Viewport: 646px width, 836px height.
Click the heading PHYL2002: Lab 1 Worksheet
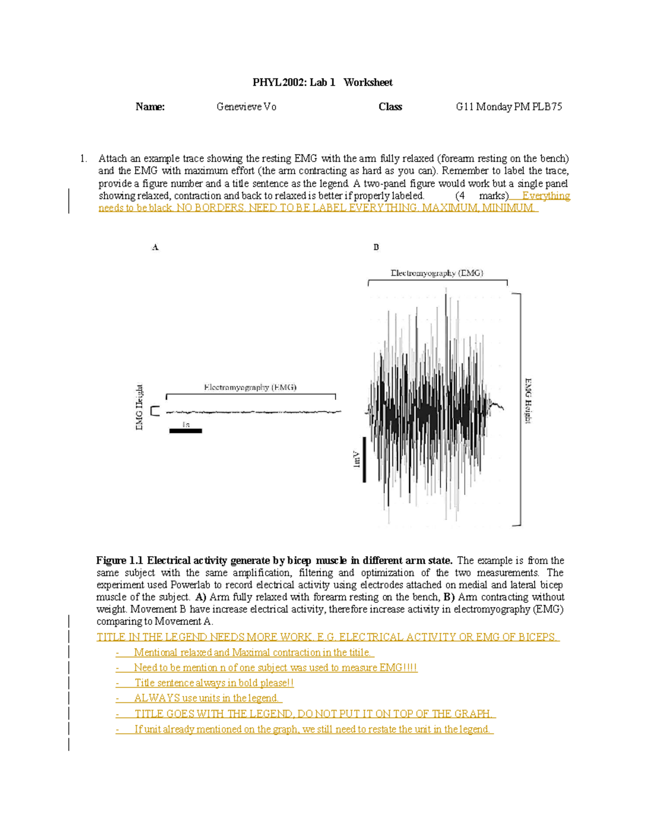[322, 82]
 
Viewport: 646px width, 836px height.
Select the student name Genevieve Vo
[246, 107]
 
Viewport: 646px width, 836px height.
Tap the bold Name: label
[150, 107]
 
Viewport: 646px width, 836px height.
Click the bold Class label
[390, 107]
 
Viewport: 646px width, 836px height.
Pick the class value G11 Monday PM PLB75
[509, 107]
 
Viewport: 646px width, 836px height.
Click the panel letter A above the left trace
[155, 247]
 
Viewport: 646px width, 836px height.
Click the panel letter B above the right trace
[376, 247]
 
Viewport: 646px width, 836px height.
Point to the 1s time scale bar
[186, 431]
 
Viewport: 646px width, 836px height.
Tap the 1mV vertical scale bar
[364, 459]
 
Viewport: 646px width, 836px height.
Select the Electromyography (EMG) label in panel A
[250, 387]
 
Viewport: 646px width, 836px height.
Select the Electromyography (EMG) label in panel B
[437, 273]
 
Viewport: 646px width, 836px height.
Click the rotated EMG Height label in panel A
[139, 407]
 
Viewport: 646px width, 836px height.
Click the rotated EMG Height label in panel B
[529, 401]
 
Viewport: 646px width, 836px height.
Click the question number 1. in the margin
[83, 158]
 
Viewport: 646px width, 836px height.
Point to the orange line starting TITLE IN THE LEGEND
[328, 637]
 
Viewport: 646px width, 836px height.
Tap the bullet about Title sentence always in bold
[214, 683]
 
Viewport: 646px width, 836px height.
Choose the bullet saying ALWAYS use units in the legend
[207, 698]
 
